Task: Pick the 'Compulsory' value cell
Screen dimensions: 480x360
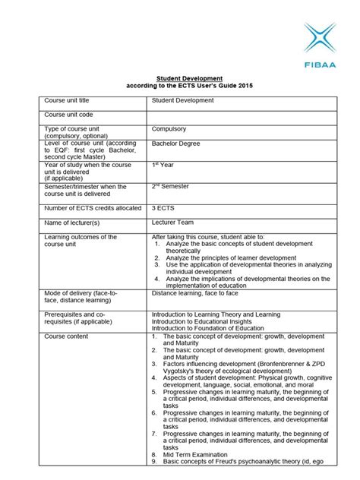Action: (169, 129)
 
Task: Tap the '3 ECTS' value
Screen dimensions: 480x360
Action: (164, 206)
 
